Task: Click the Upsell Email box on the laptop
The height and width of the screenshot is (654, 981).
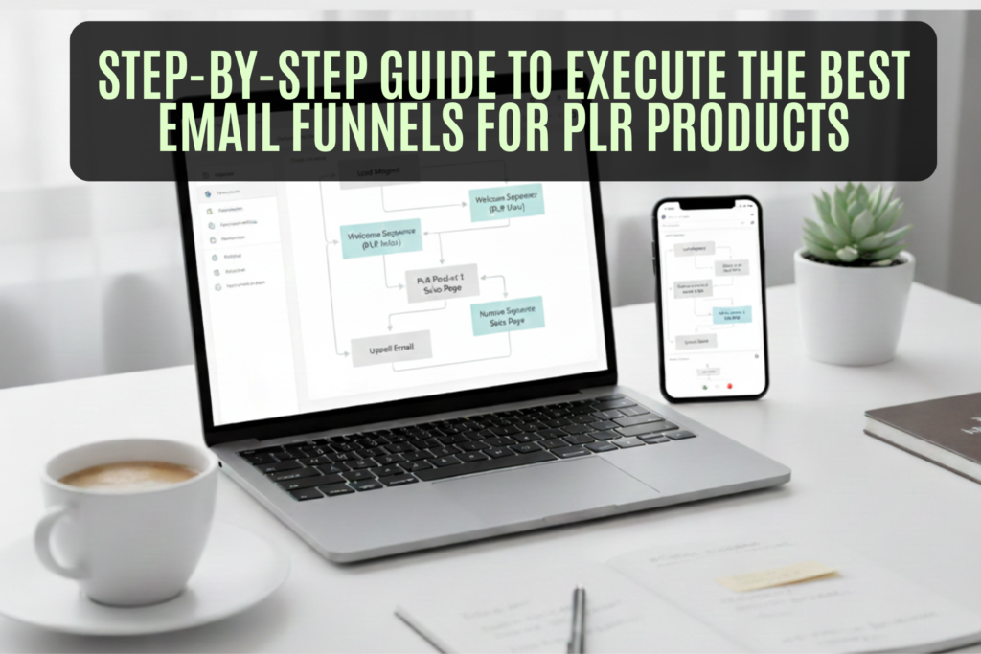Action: click(392, 348)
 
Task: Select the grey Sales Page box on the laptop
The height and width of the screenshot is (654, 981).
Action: click(441, 282)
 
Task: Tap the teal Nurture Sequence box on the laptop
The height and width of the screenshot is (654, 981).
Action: click(507, 315)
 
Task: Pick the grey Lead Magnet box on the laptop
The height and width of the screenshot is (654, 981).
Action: click(379, 171)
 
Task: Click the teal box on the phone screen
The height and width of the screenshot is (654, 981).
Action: click(731, 313)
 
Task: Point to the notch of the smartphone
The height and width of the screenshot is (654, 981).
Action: click(710, 204)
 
